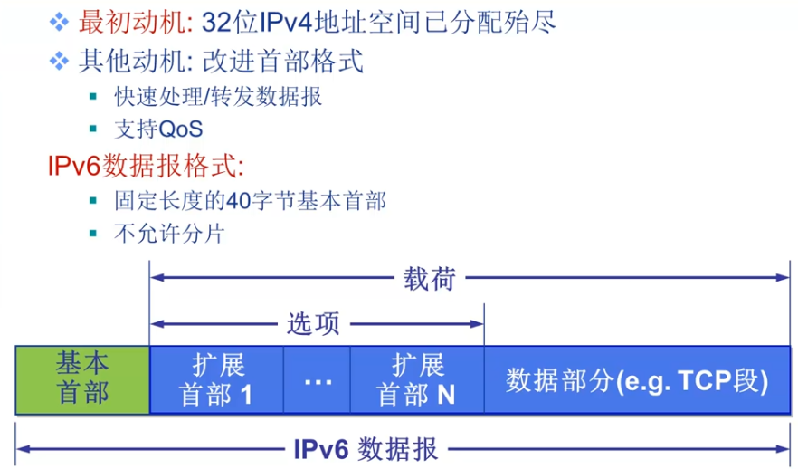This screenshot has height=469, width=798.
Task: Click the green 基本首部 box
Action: tap(82, 378)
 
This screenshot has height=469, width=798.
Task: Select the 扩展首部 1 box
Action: tap(217, 378)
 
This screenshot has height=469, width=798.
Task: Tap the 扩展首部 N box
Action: tap(417, 378)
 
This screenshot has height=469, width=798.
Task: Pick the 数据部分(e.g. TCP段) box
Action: tap(637, 379)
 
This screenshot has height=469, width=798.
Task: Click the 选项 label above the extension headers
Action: tap(313, 323)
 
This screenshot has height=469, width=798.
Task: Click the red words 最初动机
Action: tap(133, 20)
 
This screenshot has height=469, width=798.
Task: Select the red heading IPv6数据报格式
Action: tap(147, 167)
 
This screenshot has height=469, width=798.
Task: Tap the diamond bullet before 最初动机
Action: tap(59, 20)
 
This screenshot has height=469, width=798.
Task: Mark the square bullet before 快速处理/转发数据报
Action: tap(93, 96)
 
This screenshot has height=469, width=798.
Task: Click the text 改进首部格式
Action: tap(283, 62)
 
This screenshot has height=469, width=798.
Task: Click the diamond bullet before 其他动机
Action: tap(59, 62)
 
